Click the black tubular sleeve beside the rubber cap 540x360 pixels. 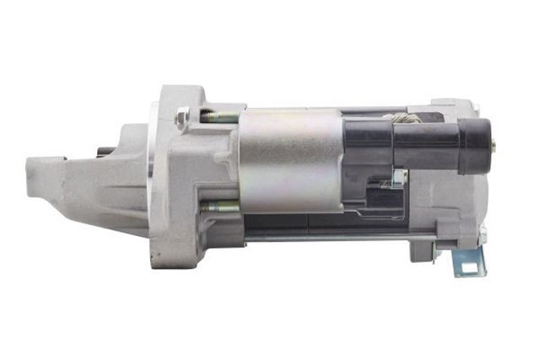point(426,145)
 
